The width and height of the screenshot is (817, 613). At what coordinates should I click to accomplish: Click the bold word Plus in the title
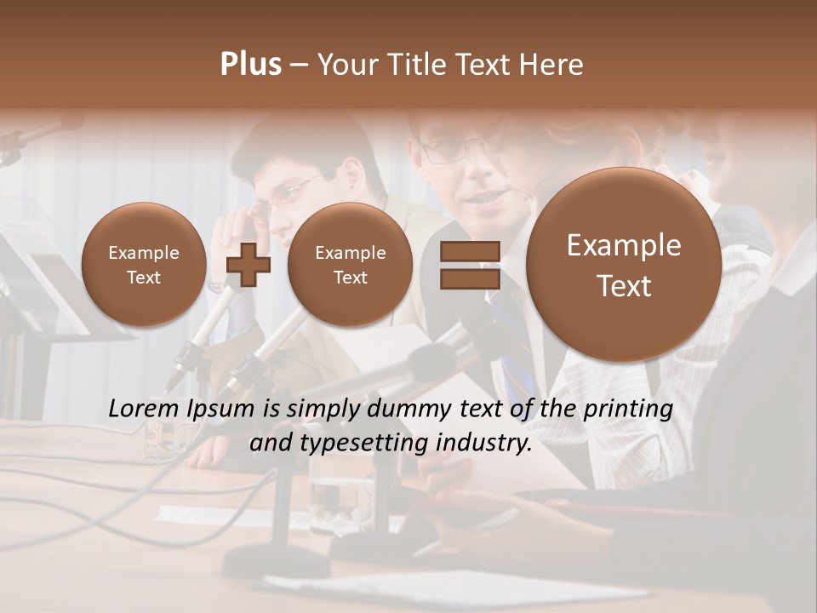[250, 65]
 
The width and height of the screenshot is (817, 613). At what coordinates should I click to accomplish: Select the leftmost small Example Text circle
[143, 265]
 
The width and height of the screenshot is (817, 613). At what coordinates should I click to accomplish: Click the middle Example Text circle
[350, 265]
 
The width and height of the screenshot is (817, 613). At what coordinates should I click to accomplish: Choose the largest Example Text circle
[624, 266]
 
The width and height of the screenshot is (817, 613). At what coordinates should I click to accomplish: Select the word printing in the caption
[628, 410]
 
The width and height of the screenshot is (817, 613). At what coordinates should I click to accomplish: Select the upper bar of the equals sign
[469, 252]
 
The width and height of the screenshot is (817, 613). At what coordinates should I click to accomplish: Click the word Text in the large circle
[624, 286]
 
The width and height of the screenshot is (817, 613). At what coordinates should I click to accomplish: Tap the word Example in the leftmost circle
[143, 253]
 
